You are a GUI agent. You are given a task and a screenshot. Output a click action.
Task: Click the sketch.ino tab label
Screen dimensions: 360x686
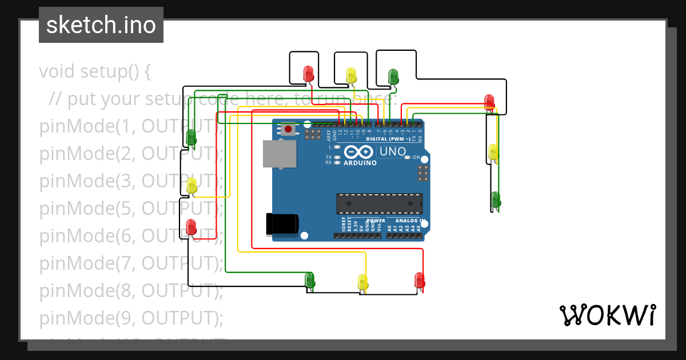tap(101, 25)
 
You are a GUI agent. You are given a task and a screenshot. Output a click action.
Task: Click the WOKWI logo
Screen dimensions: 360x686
tap(607, 315)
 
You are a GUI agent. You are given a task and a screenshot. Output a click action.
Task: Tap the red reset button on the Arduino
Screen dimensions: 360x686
tap(288, 129)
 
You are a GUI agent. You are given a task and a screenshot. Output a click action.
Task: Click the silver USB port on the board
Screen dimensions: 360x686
tap(280, 154)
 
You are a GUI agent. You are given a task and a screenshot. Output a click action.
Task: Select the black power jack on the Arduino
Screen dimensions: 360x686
tap(282, 223)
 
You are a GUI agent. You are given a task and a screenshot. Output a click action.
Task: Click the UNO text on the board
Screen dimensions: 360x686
tap(393, 152)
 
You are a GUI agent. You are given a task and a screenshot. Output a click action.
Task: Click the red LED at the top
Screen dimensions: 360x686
tap(308, 73)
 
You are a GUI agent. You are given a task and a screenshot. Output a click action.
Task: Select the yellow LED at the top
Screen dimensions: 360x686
tap(351, 75)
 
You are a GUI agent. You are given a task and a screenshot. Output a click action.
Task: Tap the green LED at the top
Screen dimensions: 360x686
tap(393, 76)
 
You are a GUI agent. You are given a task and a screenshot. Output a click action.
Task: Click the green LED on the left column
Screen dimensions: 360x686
tap(192, 137)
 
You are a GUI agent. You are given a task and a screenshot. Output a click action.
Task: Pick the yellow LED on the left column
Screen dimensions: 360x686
tap(192, 185)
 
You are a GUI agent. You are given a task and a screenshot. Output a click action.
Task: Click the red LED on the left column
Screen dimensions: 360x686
tap(191, 227)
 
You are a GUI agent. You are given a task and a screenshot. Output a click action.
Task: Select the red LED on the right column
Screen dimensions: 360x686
tap(489, 102)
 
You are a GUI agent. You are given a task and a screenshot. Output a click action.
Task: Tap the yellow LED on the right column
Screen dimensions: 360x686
tap(493, 152)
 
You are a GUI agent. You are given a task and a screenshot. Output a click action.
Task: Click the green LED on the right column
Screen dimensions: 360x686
tap(496, 199)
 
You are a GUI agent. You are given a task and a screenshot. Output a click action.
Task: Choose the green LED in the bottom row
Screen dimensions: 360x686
tap(310, 279)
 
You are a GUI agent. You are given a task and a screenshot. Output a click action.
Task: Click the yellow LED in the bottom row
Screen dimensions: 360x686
tap(362, 282)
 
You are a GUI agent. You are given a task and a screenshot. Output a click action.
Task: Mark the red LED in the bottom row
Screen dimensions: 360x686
tap(420, 280)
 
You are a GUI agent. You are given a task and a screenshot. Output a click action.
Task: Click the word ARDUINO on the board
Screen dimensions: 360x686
tap(360, 163)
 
